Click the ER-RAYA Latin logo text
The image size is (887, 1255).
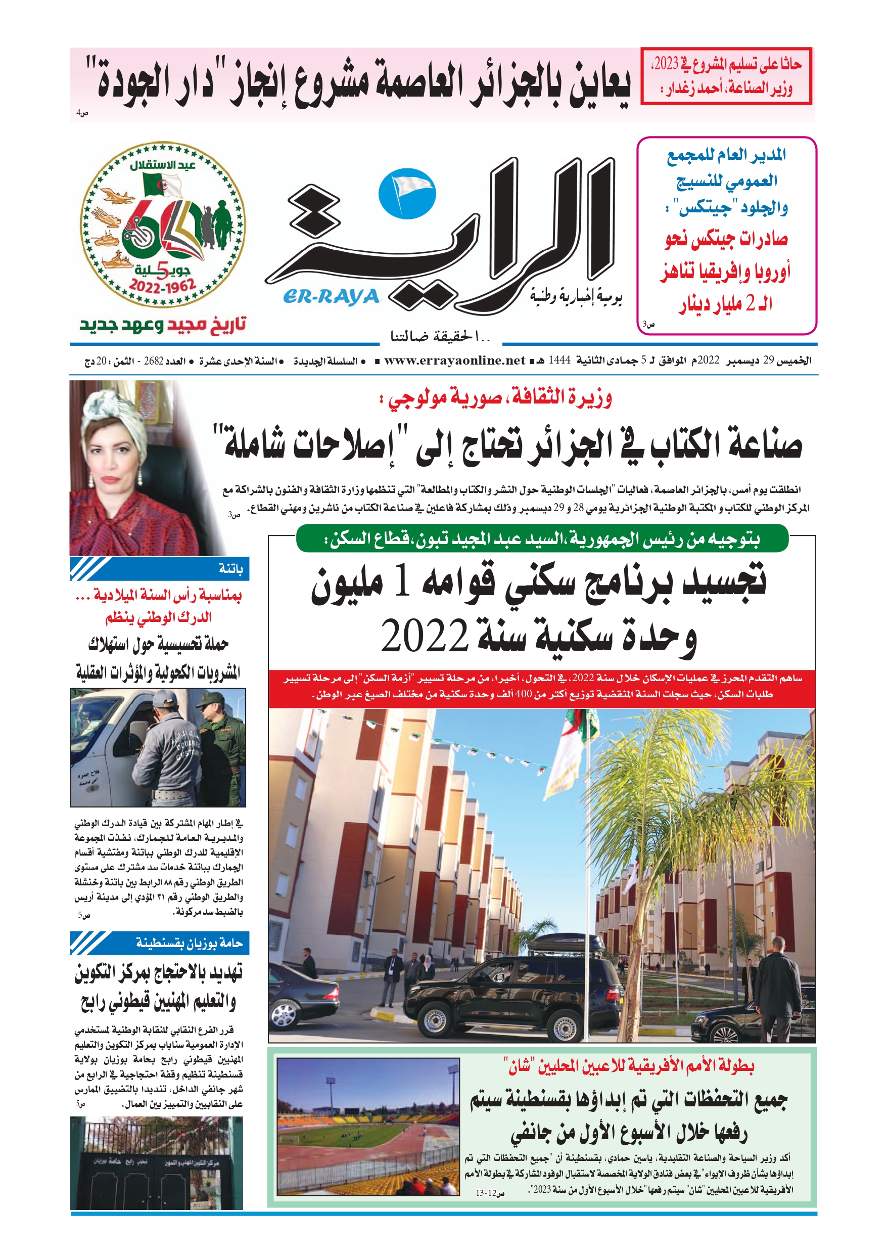331,296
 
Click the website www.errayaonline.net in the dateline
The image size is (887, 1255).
454,361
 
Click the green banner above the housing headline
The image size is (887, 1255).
542,539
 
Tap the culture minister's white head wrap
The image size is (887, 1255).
114,416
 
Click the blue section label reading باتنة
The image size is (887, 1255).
160,569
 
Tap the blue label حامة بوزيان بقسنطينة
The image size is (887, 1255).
160,943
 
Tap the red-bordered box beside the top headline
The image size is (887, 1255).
726,76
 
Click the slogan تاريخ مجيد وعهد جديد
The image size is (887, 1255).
163,325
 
